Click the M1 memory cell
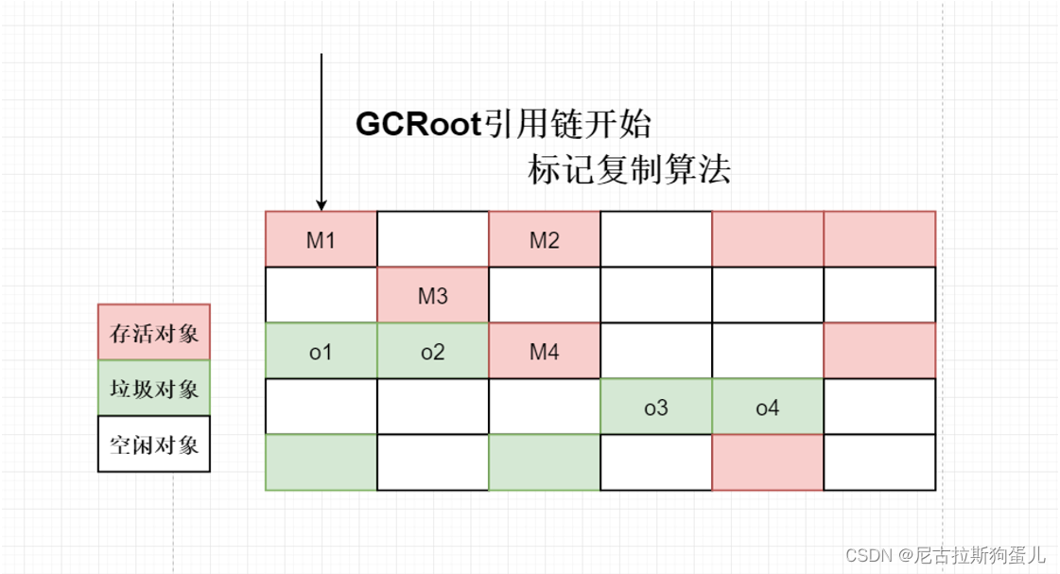pos(321,239)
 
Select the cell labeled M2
pos(545,239)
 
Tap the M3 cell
pos(433,295)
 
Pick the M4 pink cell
pos(545,351)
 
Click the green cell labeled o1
pos(321,351)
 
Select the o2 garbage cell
pos(433,351)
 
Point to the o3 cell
pos(656,408)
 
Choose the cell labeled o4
pos(768,408)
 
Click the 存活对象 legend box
pos(154,332)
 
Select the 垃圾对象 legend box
pos(154,388)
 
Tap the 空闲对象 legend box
pos(154,444)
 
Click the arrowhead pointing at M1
pos(321,204)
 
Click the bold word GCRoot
pos(419,125)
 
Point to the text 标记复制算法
pos(629,171)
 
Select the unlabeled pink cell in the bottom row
pos(768,462)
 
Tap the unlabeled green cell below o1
pos(321,462)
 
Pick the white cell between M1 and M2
pos(433,239)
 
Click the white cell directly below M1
pos(321,295)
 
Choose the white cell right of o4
pos(879,408)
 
